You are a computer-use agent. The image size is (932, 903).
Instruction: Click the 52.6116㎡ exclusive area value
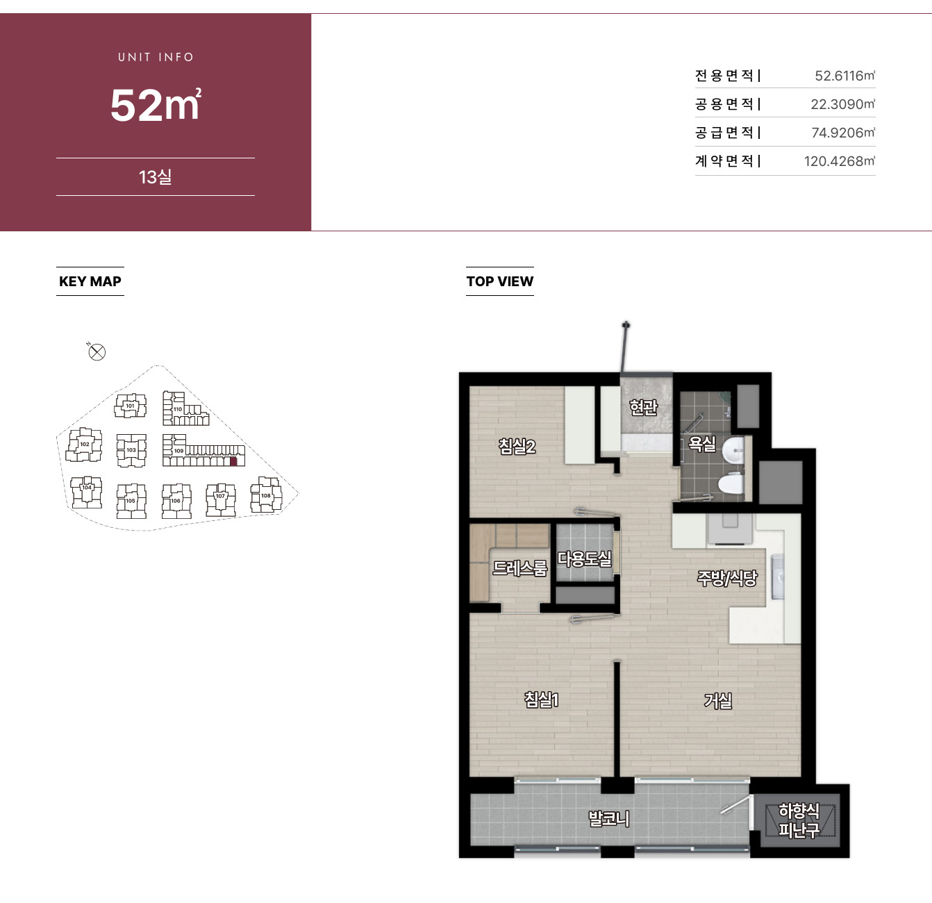pos(844,76)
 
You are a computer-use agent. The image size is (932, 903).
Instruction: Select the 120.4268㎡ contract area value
pos(839,161)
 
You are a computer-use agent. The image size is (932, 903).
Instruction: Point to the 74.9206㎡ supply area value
pos(843,133)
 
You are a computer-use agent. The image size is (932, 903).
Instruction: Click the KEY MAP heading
pos(90,281)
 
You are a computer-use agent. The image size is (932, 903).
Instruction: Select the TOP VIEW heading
pos(499,281)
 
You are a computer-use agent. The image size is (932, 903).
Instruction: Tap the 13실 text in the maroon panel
pos(155,177)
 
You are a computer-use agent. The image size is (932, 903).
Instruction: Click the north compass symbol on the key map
pos(97,351)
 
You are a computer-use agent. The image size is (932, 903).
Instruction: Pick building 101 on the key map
pos(131,405)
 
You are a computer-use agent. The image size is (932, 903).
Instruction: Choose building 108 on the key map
pos(266,495)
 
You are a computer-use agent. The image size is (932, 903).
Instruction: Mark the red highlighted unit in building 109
pos(234,462)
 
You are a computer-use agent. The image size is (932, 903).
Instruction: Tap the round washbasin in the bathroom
pos(733,450)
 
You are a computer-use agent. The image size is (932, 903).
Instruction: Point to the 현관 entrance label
pos(643,407)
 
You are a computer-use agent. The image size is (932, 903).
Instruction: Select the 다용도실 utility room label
pos(584,558)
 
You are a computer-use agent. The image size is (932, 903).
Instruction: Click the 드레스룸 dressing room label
pos(520,568)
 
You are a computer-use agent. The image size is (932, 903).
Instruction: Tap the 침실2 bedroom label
pos(517,447)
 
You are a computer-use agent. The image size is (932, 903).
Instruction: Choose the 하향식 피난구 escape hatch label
pos(799,820)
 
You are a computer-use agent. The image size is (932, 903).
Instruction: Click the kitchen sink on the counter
pos(777,577)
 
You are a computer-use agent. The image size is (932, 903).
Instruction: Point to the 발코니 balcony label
pos(609,818)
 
